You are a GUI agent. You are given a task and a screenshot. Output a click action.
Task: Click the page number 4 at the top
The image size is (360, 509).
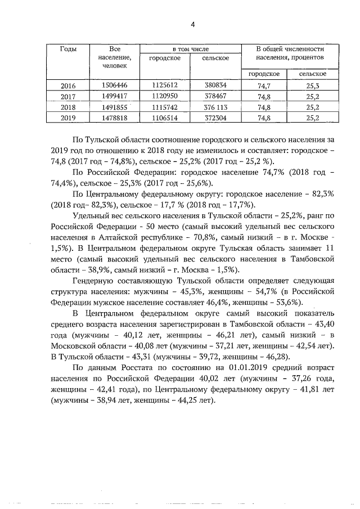[192, 24]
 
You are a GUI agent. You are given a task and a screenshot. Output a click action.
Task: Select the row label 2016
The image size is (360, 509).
[68, 86]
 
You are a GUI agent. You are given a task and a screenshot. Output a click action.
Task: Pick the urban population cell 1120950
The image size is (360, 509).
[164, 97]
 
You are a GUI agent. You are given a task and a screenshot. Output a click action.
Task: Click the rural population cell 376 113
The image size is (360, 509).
[215, 107]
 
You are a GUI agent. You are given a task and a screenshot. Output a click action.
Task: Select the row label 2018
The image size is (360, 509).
[68, 107]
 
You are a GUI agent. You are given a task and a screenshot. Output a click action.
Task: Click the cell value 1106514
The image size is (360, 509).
[164, 118]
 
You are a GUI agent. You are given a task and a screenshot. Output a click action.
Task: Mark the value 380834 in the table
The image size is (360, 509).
[215, 86]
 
